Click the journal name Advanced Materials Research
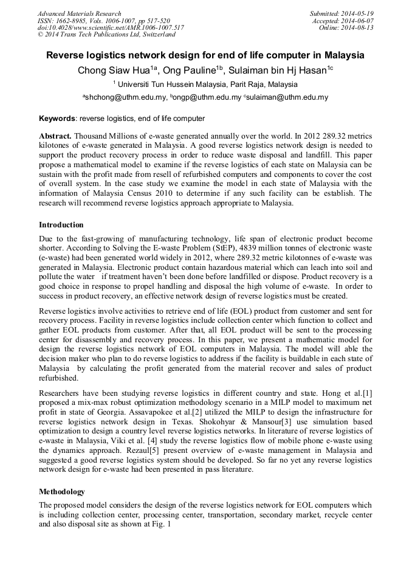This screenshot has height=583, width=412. click(79, 13)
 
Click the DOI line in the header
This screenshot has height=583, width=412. click(111, 28)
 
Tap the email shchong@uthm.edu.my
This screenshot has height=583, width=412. click(125, 97)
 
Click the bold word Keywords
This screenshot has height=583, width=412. click(57, 119)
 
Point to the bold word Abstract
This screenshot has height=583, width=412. click(55, 136)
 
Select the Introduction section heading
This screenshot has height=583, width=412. click(61, 225)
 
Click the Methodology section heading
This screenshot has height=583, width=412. click(62, 491)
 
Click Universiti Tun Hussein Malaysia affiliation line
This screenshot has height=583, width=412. click(205, 85)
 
